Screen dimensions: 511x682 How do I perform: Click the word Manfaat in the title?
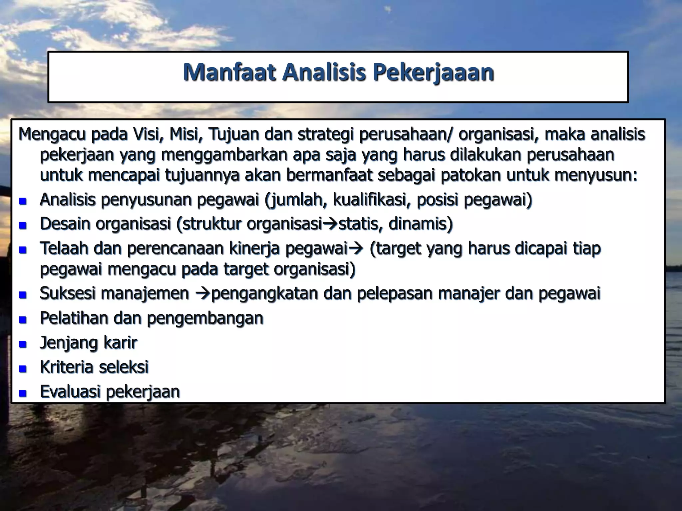pyautogui.click(x=229, y=72)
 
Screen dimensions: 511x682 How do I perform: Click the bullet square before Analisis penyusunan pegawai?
pyautogui.click(x=23, y=201)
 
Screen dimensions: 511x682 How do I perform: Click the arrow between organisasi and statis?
pyautogui.click(x=330, y=224)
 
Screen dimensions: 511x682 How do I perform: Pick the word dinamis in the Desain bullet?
pyautogui.click(x=421, y=224)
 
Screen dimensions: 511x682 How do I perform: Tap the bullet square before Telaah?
pyautogui.click(x=23, y=250)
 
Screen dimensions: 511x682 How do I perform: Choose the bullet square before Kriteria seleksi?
pyautogui.click(x=23, y=368)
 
